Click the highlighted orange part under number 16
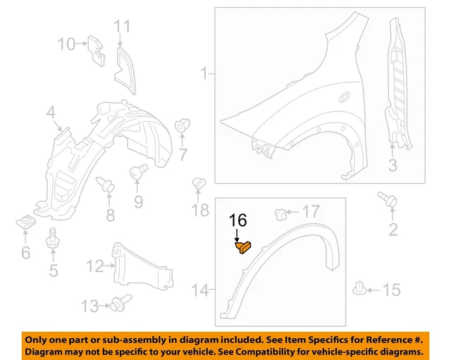coord(243,247)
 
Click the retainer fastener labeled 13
coord(117,304)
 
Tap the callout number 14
coord(200,290)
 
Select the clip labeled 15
coord(359,289)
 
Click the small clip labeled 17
coord(280,212)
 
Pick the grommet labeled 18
coord(198,184)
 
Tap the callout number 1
coord(204,73)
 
